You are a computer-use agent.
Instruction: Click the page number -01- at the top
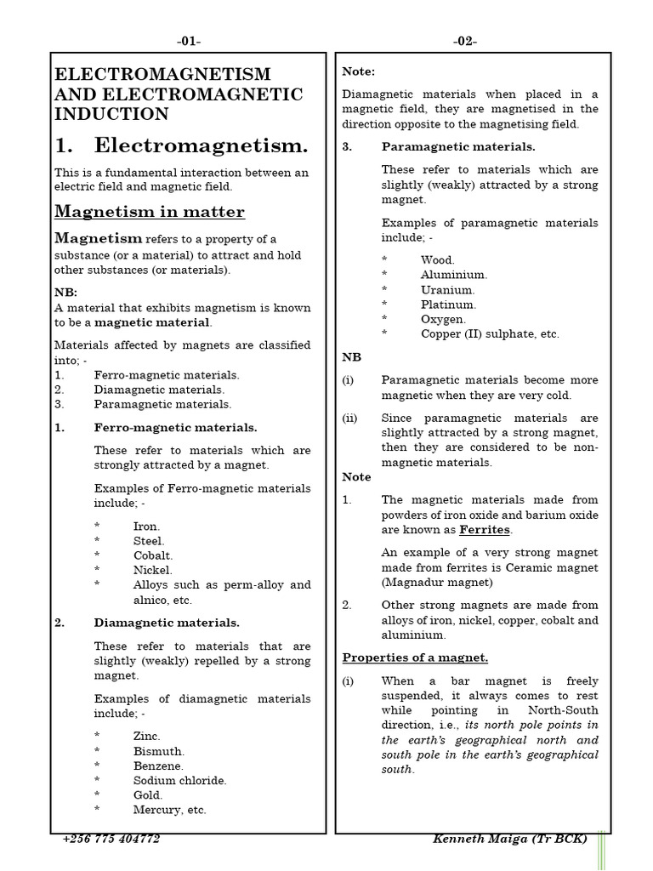tap(189, 42)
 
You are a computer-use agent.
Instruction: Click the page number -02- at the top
tap(464, 42)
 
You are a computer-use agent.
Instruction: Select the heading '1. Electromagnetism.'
tap(181, 145)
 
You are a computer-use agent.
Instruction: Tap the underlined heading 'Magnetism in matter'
tap(150, 212)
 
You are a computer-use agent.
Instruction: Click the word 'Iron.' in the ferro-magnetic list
tap(146, 527)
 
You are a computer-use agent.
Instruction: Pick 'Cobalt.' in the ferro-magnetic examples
tap(153, 555)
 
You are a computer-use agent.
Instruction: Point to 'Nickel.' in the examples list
tap(153, 570)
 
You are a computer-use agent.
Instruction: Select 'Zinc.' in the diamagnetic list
tap(146, 737)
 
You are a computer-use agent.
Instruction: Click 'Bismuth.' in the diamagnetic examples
tap(158, 751)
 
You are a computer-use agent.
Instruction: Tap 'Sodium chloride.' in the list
tap(180, 780)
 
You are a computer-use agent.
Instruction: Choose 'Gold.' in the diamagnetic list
tap(147, 795)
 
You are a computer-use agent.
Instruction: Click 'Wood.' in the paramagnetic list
tap(437, 260)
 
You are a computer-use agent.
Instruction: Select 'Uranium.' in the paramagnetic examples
tap(447, 290)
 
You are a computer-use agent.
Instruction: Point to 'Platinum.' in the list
tap(448, 305)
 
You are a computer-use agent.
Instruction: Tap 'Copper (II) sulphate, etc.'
tap(490, 334)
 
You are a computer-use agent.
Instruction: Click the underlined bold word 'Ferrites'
tap(485, 530)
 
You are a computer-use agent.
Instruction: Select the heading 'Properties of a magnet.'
tap(415, 658)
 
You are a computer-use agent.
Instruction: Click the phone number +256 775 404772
tap(111, 840)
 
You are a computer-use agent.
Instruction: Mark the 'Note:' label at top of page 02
tap(358, 72)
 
